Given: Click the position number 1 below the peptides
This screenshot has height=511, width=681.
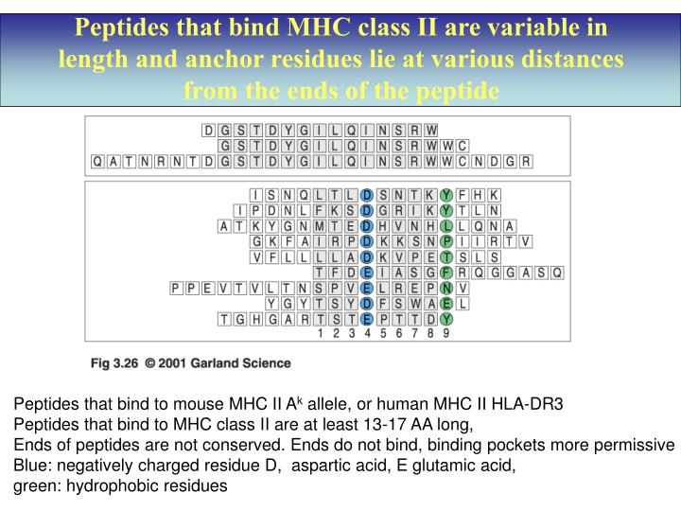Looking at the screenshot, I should point(321,333).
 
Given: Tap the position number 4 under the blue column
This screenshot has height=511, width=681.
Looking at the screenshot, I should point(368,333).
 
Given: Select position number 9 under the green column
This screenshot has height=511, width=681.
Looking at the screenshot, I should point(446,333).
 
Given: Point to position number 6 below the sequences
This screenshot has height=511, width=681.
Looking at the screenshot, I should point(399,333).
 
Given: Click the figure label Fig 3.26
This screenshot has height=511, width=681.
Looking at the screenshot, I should point(115,363).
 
